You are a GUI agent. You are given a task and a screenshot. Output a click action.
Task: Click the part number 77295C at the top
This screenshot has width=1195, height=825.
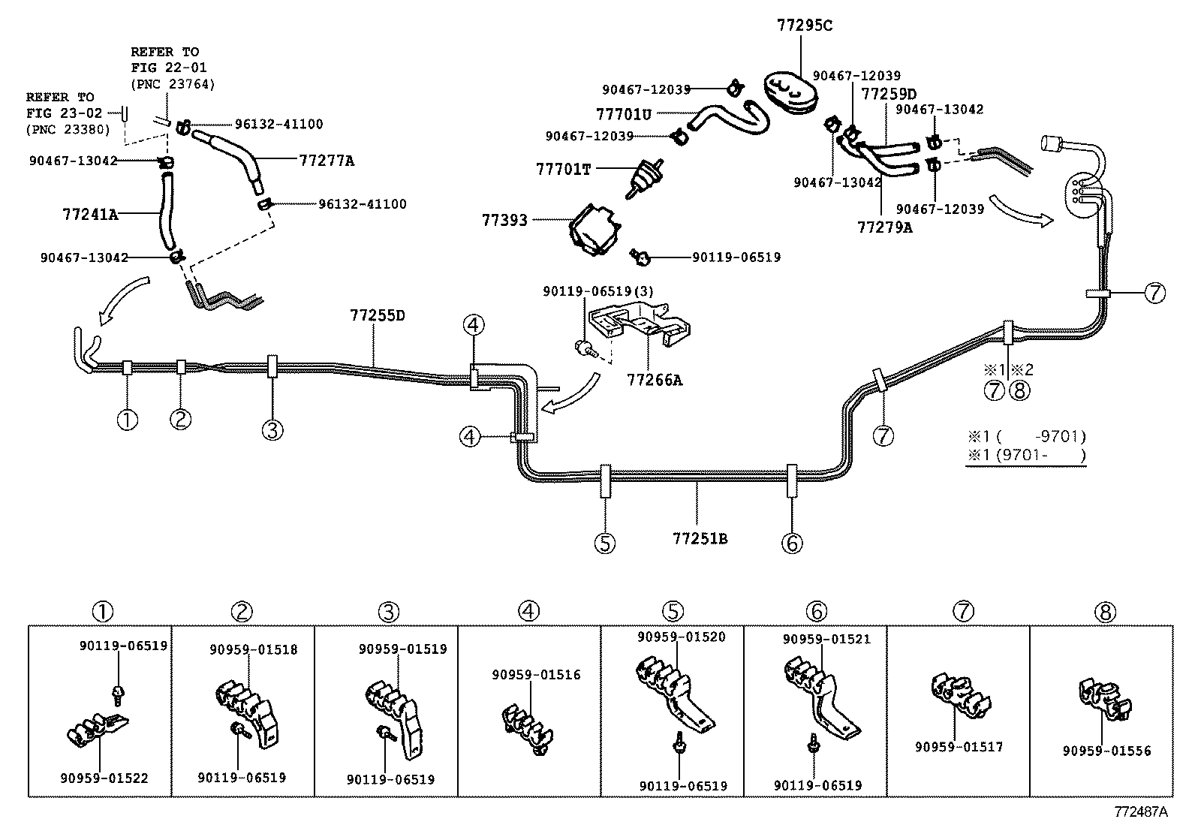[x=804, y=26]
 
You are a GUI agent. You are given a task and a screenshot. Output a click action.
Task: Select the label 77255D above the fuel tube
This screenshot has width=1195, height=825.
[x=377, y=315]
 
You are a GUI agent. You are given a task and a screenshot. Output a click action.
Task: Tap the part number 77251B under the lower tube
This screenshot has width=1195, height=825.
[x=700, y=538]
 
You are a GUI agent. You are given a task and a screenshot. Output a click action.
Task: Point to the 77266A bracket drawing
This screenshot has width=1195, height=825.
[x=640, y=324]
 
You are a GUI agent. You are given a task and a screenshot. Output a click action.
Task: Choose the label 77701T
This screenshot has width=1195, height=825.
[x=563, y=169]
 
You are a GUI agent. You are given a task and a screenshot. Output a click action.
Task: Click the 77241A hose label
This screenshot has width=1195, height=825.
[x=90, y=214]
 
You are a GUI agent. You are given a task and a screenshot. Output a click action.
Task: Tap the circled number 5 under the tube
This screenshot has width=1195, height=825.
[x=604, y=543]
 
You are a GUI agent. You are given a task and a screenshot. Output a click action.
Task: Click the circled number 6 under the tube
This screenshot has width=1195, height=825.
[x=792, y=543]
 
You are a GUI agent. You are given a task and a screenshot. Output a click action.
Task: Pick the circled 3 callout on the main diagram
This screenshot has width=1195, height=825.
[x=272, y=430]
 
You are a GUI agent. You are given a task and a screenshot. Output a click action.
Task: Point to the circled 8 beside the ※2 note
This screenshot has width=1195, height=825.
[x=1019, y=390]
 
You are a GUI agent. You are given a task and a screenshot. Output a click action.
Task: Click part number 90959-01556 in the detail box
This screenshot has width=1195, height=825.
[x=1106, y=750]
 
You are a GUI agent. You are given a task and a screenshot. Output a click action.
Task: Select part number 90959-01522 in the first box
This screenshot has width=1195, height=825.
[x=104, y=778]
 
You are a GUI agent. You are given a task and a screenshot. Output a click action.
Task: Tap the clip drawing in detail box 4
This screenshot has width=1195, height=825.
[x=523, y=727]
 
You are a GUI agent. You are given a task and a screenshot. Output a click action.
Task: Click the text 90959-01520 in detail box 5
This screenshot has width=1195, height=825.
[x=682, y=637]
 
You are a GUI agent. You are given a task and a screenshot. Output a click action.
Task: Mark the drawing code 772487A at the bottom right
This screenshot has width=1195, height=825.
[x=1141, y=811]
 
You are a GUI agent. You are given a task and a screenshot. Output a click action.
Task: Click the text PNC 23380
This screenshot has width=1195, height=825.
[x=68, y=129]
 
